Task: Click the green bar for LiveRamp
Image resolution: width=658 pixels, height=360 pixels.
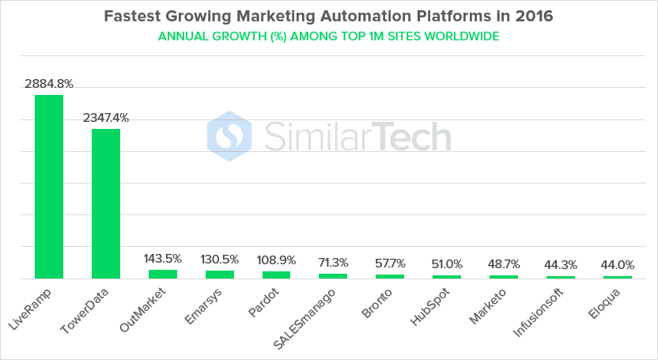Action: click(49, 187)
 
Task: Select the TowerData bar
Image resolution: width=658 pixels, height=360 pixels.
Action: click(106, 203)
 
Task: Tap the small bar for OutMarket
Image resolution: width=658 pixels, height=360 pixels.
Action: click(163, 274)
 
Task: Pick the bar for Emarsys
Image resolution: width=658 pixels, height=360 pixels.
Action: click(220, 275)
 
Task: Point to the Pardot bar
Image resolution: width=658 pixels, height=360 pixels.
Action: click(276, 275)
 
